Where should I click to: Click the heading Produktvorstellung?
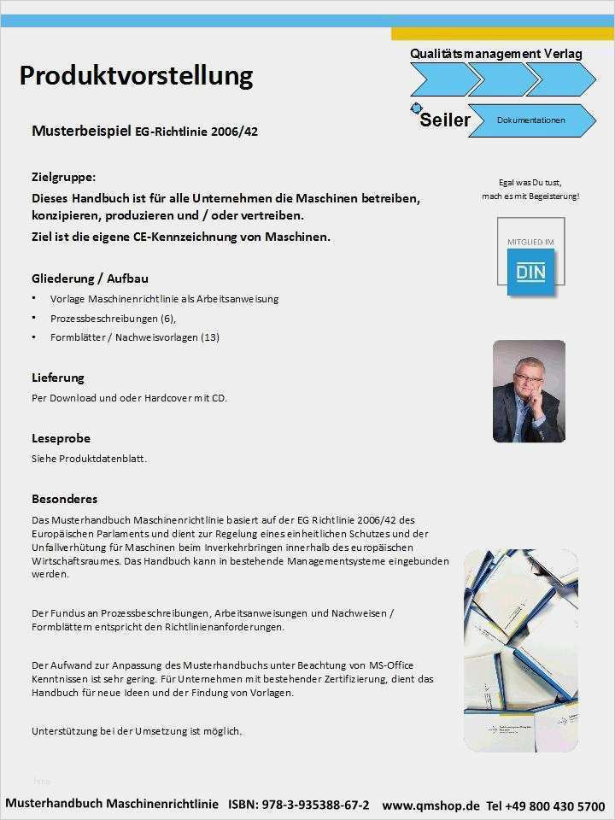point(136,76)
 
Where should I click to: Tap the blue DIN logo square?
point(531,272)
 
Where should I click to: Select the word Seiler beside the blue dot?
point(445,120)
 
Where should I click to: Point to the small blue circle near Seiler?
point(416,108)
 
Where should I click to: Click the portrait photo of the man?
point(529,391)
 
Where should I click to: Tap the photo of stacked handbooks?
point(520,651)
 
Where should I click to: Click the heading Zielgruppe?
point(64,177)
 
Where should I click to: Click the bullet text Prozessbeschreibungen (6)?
point(113,318)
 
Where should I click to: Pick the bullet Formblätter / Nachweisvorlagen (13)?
point(134,337)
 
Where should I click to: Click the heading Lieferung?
point(58,378)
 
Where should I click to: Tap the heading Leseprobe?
point(61,438)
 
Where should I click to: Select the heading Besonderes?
point(65,499)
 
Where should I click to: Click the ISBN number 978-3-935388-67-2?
point(315,805)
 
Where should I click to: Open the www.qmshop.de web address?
point(430,805)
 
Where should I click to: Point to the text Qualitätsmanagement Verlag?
point(495,54)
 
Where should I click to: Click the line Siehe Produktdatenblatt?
point(89,459)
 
